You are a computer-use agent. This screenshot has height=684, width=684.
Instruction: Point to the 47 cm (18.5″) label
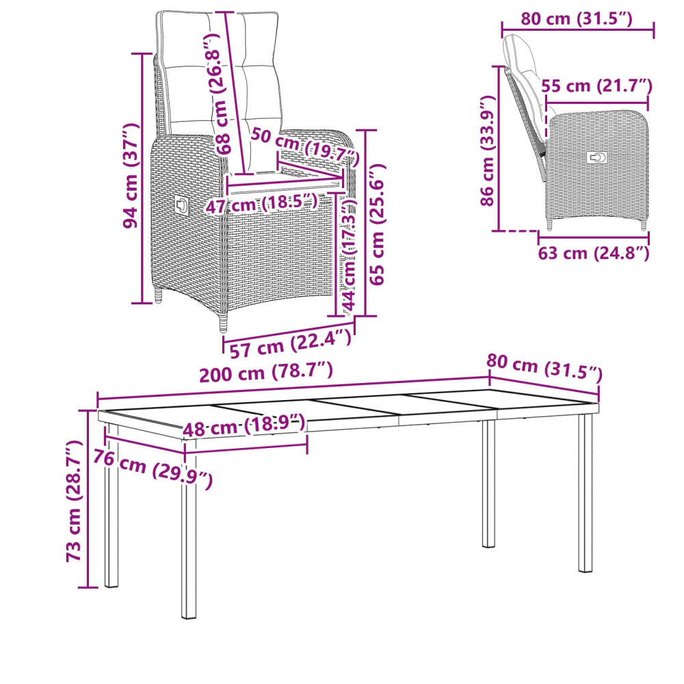click(261, 204)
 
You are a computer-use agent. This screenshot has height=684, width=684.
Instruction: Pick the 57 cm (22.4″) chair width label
click(291, 343)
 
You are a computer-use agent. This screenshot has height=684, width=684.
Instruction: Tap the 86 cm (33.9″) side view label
click(488, 150)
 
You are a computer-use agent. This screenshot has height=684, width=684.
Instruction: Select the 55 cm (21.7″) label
click(596, 86)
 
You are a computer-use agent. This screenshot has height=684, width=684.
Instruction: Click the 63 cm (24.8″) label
click(594, 252)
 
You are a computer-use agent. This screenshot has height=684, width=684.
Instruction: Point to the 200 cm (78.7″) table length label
click(266, 372)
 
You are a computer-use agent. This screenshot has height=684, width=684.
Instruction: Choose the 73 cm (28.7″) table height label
click(73, 501)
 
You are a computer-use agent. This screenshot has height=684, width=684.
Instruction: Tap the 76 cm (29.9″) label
click(153, 469)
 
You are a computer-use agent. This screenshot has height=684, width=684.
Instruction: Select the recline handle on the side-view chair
click(596, 157)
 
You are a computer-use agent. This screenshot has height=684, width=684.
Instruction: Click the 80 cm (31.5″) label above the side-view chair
click(577, 18)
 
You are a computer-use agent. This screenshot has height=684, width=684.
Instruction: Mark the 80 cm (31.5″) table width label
click(544, 367)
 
